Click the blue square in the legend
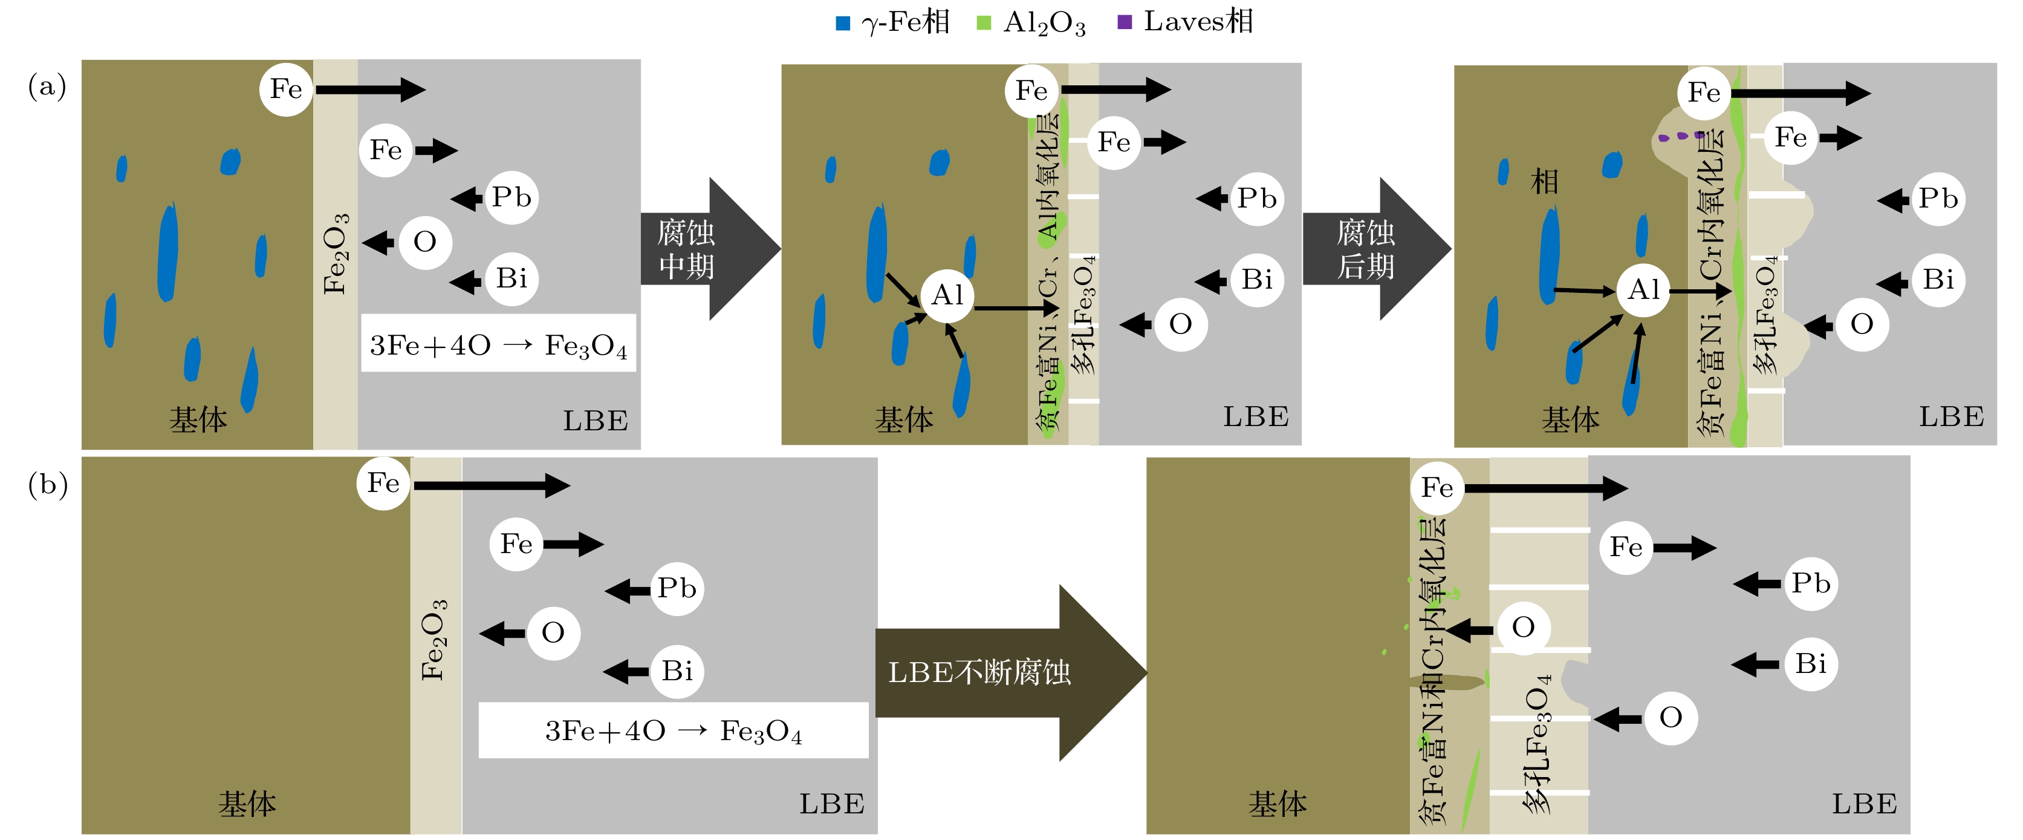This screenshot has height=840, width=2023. [x=843, y=24]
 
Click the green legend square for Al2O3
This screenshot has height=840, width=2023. [x=983, y=24]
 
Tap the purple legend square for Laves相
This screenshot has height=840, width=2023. [x=1125, y=23]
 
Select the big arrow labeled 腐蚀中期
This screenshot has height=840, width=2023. [x=707, y=249]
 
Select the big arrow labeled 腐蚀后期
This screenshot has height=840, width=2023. [x=1374, y=249]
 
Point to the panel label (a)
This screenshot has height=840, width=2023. [x=47, y=86]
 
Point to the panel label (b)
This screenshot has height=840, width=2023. [x=48, y=485]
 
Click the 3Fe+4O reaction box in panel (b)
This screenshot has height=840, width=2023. [x=673, y=731]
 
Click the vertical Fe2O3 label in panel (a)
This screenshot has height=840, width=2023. [x=336, y=253]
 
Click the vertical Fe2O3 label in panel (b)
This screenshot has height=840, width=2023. [x=434, y=639]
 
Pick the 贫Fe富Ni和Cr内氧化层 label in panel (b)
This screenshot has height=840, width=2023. [x=1434, y=668]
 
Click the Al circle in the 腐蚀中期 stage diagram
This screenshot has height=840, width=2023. [x=947, y=295]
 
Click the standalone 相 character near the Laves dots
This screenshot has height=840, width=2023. [x=1544, y=182]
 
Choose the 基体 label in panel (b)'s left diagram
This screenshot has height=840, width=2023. [x=247, y=804]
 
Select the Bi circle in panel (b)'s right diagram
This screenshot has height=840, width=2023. [x=1811, y=664]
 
